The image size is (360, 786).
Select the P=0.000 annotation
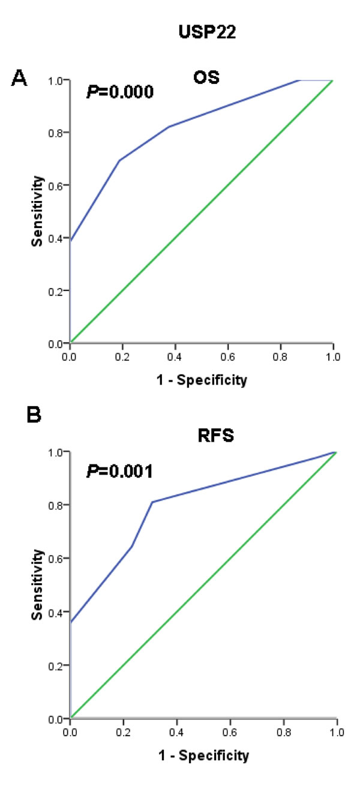[x=120, y=92]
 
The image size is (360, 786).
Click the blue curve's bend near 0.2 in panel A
[x=119, y=161]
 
